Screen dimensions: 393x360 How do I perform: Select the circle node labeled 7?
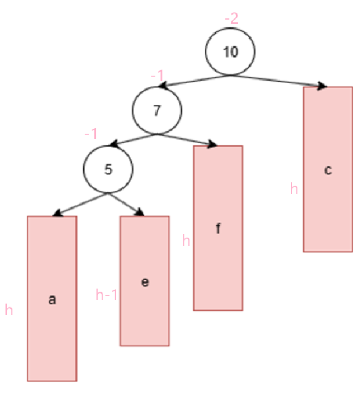point(157,110)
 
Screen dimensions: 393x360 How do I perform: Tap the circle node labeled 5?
point(107,169)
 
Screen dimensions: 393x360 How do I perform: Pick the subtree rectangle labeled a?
point(52,298)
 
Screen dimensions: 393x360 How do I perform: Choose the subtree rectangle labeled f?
point(218,228)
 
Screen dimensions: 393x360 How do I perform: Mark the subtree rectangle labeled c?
point(328,169)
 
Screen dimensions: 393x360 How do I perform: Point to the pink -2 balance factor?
point(232,18)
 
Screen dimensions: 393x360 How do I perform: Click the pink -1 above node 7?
point(157,76)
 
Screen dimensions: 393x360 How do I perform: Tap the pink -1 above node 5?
point(90,135)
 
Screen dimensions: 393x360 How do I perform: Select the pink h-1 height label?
point(106,295)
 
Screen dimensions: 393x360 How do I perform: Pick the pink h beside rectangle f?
point(187,240)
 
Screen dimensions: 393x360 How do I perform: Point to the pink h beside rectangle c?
point(294,189)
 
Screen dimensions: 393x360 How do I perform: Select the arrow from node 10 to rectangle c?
point(278,81)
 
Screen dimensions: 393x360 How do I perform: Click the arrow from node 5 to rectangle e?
point(126,203)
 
